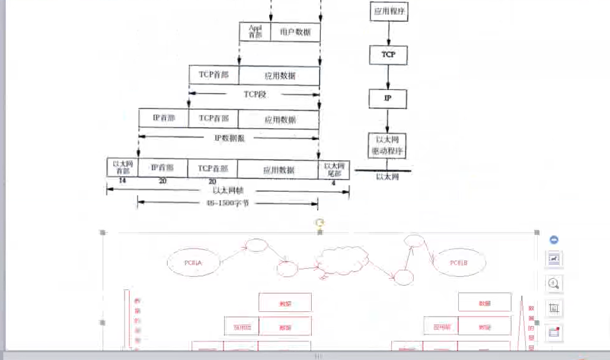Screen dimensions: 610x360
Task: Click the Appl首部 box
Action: (255, 31)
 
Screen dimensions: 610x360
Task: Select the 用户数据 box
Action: (295, 31)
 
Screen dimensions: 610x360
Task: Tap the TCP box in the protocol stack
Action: (388, 55)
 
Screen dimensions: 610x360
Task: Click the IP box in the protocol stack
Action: (388, 98)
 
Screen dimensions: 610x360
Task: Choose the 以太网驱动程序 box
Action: (388, 145)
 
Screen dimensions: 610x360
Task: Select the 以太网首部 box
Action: (122, 168)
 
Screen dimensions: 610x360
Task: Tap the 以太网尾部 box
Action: (334, 168)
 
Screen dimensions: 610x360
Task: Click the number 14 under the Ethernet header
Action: (122, 180)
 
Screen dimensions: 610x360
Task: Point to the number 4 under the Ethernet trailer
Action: (334, 182)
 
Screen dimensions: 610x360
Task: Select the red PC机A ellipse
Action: (194, 262)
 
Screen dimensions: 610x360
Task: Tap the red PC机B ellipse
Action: (459, 262)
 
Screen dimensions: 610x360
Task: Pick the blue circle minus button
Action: (554, 240)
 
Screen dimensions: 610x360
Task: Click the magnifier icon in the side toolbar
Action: (554, 283)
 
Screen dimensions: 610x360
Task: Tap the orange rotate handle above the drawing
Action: (320, 223)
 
